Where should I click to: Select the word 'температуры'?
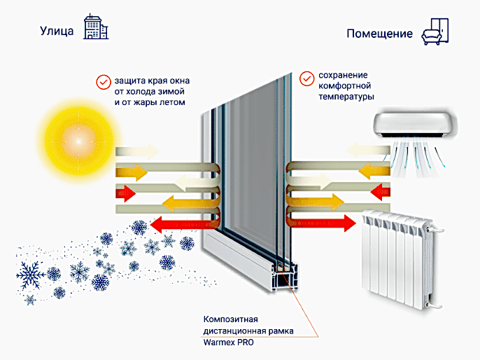click(346, 97)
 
